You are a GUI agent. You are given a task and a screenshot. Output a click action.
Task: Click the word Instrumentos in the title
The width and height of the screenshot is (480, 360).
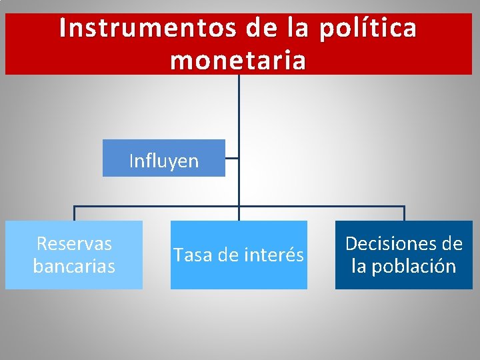(x=146, y=28)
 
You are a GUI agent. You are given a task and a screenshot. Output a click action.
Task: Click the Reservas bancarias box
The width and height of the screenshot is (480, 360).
(x=74, y=255)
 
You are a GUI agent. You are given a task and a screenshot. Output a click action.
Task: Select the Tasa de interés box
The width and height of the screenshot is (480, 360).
(x=239, y=255)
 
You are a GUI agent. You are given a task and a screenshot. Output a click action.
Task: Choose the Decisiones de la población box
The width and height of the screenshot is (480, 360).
(x=403, y=255)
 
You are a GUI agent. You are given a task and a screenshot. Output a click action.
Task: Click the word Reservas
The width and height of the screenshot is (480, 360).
(x=74, y=243)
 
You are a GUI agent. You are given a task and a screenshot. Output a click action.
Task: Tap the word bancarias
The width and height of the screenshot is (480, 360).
(x=74, y=266)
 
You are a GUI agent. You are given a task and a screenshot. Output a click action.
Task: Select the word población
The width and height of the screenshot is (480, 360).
(x=413, y=266)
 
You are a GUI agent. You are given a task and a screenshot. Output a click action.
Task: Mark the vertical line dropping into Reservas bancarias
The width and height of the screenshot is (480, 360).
(x=74, y=214)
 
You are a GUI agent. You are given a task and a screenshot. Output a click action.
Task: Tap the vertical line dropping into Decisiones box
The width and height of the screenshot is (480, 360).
(x=404, y=214)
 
